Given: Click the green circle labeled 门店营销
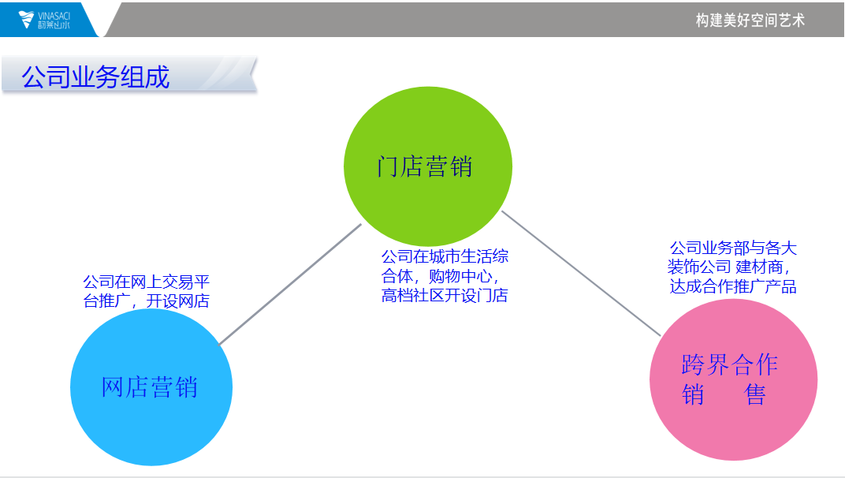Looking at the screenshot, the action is tap(428, 166).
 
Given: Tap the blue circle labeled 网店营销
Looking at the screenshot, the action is tap(151, 387).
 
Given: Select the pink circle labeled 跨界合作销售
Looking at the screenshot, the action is tap(733, 380).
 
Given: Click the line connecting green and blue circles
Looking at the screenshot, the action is tap(290, 284).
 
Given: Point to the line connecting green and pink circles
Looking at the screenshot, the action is tap(581, 273).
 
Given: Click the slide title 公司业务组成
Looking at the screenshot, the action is tap(96, 77).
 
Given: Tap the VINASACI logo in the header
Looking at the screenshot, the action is tap(44, 20).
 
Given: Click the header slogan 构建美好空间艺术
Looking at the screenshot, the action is tap(750, 21).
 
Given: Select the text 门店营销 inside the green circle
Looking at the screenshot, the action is tap(425, 166).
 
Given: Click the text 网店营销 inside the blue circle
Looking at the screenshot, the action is tap(150, 387).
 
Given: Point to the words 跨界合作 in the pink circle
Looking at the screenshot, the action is tap(730, 364).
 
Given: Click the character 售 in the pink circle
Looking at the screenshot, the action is tap(756, 394).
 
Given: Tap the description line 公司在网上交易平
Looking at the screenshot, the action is tap(146, 282).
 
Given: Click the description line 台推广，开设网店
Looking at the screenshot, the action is tap(146, 301).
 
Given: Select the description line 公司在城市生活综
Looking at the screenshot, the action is tap(445, 256).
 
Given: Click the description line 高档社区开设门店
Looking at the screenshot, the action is tap(445, 295).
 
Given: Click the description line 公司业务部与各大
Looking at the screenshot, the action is tap(733, 248).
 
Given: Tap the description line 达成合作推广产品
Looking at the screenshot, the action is tap(733, 286).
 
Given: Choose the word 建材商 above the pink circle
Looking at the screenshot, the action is tap(759, 267).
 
